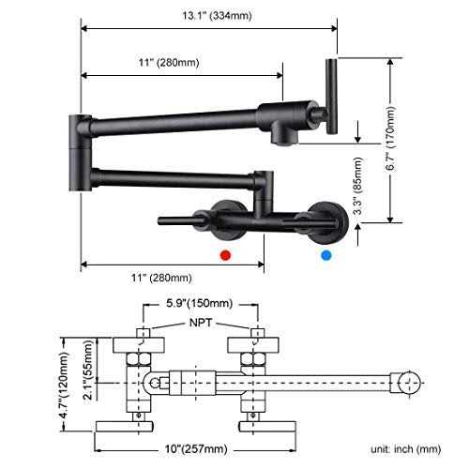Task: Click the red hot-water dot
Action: (x=223, y=254)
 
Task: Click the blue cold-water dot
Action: (x=325, y=254)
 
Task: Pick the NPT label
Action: (x=199, y=323)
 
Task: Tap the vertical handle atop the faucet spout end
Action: (x=329, y=94)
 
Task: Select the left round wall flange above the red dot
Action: (x=225, y=218)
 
